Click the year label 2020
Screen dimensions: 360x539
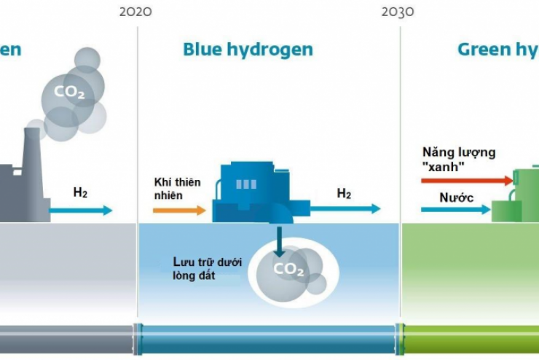click(136, 12)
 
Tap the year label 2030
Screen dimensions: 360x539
click(398, 12)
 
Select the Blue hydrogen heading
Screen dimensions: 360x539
click(248, 50)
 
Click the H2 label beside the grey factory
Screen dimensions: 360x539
click(80, 193)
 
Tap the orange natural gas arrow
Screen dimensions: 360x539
click(179, 210)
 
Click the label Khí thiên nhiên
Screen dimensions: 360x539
click(176, 189)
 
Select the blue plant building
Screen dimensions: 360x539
click(251, 193)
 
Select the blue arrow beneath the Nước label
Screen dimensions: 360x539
click(455, 210)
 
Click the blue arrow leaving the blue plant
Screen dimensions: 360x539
click(345, 208)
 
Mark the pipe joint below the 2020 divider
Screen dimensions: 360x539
click(136, 338)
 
